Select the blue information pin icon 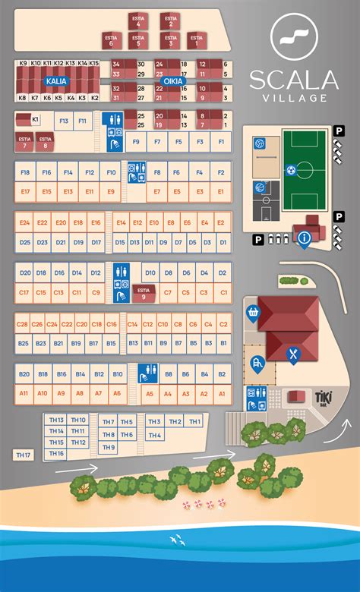click(305, 239)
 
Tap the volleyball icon click(259, 143)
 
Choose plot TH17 click(24, 455)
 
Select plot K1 click(34, 120)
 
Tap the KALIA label click(57, 80)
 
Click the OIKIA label click(170, 80)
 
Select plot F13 click(63, 121)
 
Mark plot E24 click(24, 223)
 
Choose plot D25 click(24, 242)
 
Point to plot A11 click(24, 393)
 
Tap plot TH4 click(154, 435)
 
